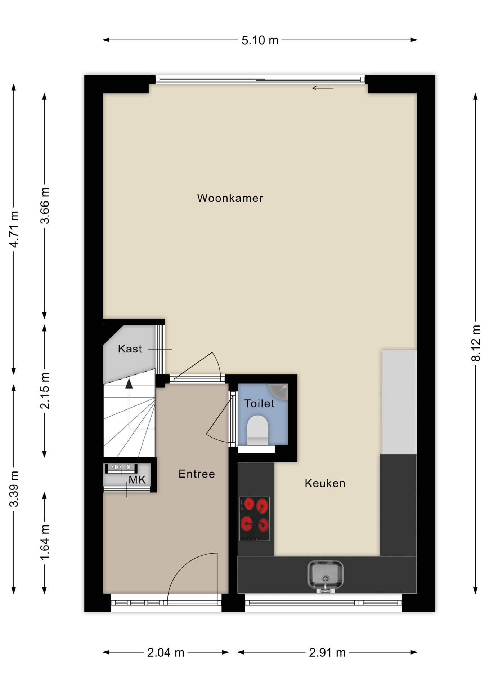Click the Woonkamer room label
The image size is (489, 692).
(x=230, y=198)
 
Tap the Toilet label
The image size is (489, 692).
(x=259, y=403)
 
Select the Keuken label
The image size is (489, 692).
(x=325, y=483)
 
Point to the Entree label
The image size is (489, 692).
(x=197, y=474)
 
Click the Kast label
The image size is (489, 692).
(x=130, y=349)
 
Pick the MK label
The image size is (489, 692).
(x=137, y=480)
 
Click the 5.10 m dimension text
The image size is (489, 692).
(x=260, y=40)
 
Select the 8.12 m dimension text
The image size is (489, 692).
(x=476, y=343)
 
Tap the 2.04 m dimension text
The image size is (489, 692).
(x=166, y=652)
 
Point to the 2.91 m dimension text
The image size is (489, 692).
(x=327, y=652)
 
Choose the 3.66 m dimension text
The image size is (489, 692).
(x=45, y=206)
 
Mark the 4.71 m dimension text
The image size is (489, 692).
(x=14, y=229)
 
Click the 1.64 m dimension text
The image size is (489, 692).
(x=45, y=542)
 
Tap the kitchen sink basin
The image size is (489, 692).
(x=325, y=574)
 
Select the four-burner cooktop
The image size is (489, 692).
(x=255, y=519)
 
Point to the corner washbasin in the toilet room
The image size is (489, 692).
(x=279, y=392)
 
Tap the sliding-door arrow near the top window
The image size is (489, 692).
(x=323, y=88)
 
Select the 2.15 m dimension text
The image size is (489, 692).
(x=45, y=391)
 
